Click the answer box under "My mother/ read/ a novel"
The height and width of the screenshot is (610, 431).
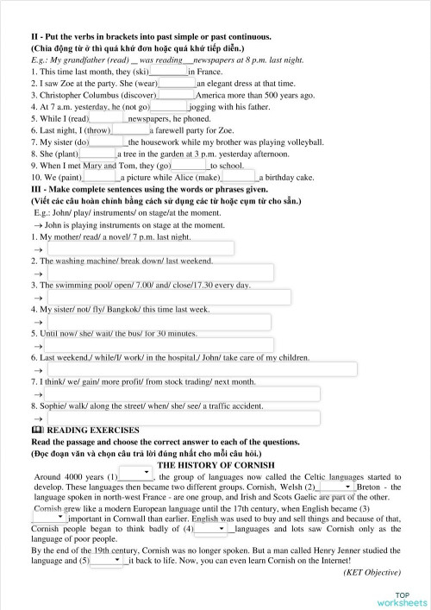141,248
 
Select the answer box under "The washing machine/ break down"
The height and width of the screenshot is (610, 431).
160,273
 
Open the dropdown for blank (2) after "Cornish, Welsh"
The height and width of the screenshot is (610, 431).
334,486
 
